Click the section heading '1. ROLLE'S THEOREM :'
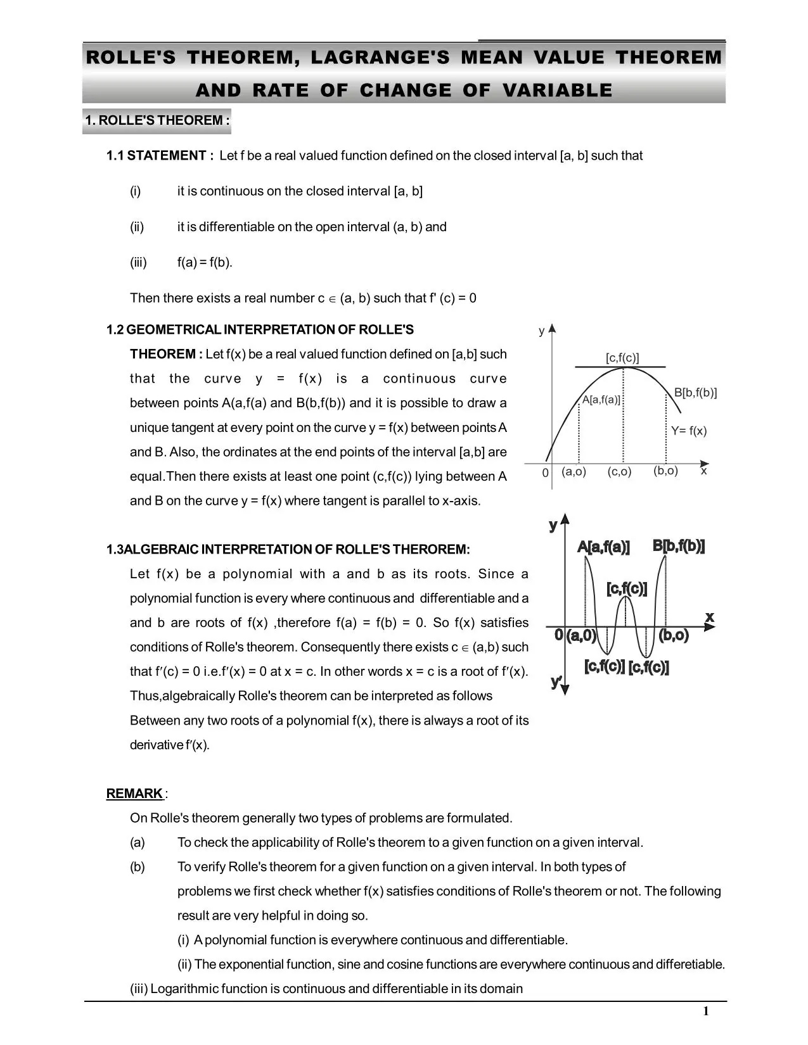pyautogui.click(x=157, y=121)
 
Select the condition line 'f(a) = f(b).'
pyautogui.click(x=205, y=262)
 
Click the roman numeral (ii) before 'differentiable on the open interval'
pyautogui.click(x=137, y=227)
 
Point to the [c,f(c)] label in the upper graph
pyautogui.click(x=622, y=358)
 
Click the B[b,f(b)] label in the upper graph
pyautogui.click(x=695, y=393)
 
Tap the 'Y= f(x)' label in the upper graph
pyautogui.click(x=689, y=431)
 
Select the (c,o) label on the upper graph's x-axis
pyautogui.click(x=619, y=472)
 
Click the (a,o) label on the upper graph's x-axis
pyautogui.click(x=574, y=472)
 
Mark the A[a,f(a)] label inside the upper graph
pyautogui.click(x=601, y=400)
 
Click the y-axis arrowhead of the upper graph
pyautogui.click(x=552, y=328)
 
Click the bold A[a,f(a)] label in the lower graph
pyautogui.click(x=603, y=547)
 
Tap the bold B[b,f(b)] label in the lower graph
pyautogui.click(x=679, y=546)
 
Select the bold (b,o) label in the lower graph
pyautogui.click(x=673, y=635)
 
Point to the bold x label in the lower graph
pyautogui.click(x=710, y=616)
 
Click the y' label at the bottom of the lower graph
pyautogui.click(x=556, y=681)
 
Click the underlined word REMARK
pyautogui.click(x=134, y=794)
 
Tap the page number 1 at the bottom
pyautogui.click(x=706, y=1011)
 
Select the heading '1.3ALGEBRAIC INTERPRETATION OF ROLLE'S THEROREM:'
pyautogui.click(x=288, y=549)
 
